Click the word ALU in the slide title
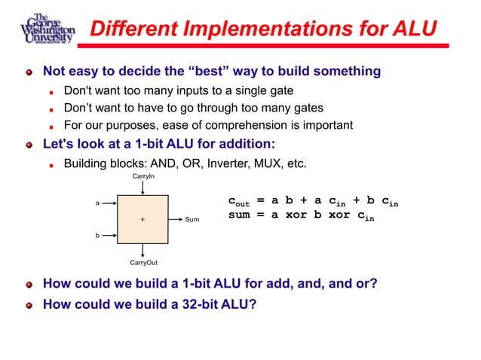click(x=414, y=29)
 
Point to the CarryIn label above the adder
click(x=143, y=175)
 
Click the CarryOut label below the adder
click(x=143, y=263)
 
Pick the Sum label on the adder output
click(x=192, y=220)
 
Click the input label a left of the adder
click(x=97, y=203)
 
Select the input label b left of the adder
click(x=97, y=236)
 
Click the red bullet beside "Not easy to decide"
click(x=29, y=72)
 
